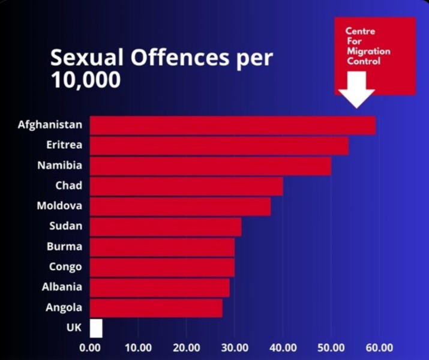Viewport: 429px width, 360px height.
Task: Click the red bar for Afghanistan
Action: click(x=233, y=125)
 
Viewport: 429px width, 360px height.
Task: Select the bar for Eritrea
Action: click(x=219, y=146)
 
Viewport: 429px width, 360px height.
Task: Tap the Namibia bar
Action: click(x=210, y=166)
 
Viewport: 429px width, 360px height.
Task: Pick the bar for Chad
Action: click(x=186, y=186)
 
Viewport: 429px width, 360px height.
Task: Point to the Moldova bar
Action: click(x=180, y=206)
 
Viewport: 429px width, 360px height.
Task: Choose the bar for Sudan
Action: click(x=166, y=227)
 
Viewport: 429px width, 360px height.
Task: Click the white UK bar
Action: click(x=96, y=328)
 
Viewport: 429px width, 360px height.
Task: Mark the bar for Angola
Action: click(x=156, y=308)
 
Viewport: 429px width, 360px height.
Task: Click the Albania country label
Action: click(x=62, y=287)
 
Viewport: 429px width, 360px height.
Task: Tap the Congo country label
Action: click(x=65, y=266)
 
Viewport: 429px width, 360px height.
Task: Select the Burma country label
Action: click(x=64, y=246)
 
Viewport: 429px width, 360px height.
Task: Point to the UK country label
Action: click(x=74, y=328)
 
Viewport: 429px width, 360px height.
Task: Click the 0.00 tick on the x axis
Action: click(x=90, y=347)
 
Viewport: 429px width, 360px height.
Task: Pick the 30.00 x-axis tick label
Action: click(x=235, y=347)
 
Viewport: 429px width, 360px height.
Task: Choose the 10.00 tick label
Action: click(x=138, y=347)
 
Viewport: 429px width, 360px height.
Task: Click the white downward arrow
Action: click(x=356, y=89)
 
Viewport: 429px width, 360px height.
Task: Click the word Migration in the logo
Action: click(x=368, y=51)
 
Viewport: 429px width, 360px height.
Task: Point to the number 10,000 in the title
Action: click(x=86, y=80)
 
